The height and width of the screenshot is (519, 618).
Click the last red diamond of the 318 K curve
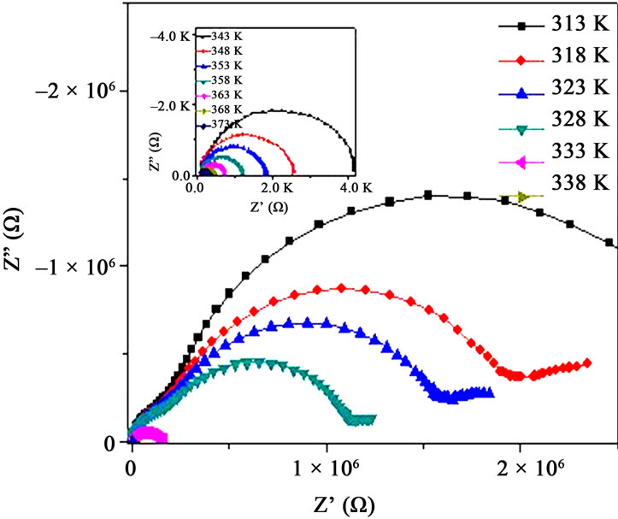pos(587,363)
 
